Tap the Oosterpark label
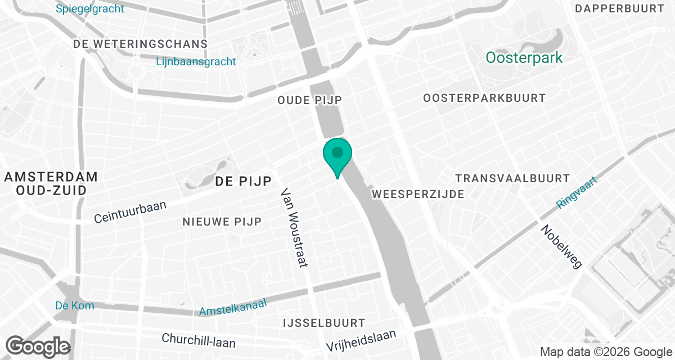pos(524,58)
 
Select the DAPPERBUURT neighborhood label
pos(620,8)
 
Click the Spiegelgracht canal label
pos(90,9)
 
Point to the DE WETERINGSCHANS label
pos(141,44)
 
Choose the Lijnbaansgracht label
pos(196,62)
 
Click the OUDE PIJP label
pos(310,100)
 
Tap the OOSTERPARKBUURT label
pos(484,98)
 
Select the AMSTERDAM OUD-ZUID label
pos(51,183)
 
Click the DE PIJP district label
pos(244,181)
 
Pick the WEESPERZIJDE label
pos(418,194)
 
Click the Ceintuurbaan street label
pos(130,211)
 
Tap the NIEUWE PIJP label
pos(222,222)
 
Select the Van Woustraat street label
pos(296,228)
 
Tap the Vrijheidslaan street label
pos(361,340)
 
